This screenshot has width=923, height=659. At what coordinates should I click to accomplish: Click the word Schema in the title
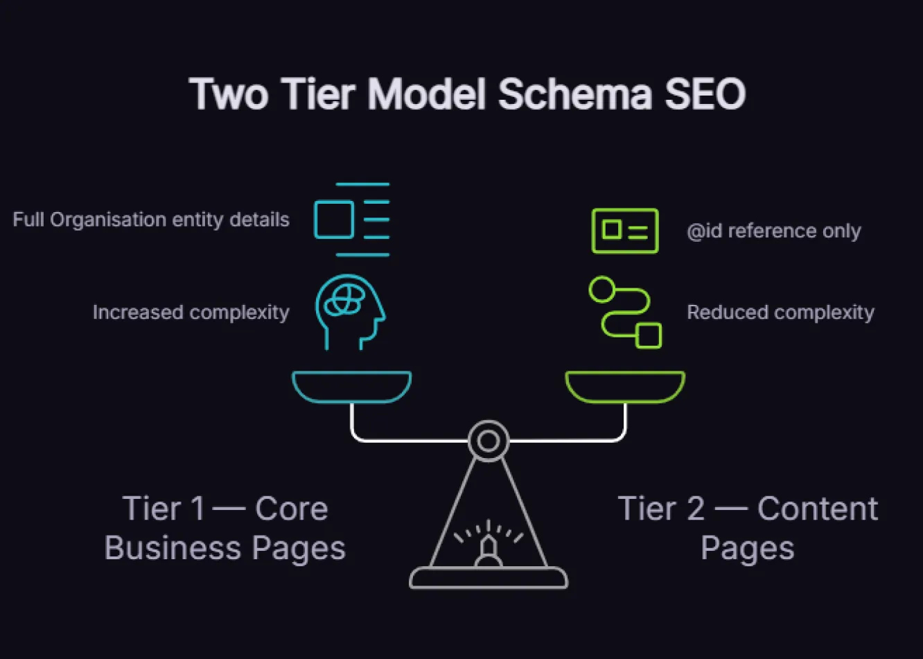(574, 94)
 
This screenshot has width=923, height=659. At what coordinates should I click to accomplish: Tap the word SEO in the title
(705, 94)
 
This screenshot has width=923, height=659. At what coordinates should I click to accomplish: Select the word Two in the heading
(228, 94)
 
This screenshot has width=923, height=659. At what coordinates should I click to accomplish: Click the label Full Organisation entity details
(151, 220)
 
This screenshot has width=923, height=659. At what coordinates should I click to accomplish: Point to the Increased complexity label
(191, 313)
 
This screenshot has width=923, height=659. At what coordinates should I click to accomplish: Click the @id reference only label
(773, 231)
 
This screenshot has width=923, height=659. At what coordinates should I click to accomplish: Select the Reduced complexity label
(780, 313)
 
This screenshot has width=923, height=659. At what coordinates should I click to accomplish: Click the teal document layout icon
(352, 220)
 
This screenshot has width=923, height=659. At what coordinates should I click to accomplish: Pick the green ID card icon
(625, 231)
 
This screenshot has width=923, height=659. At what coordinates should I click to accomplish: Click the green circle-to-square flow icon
(625, 312)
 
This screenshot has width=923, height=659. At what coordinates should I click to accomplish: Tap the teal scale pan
(351, 387)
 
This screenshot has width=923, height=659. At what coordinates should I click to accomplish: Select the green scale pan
(625, 387)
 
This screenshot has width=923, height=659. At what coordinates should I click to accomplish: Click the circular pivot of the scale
(489, 441)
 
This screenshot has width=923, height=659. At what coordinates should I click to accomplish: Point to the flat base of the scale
(489, 578)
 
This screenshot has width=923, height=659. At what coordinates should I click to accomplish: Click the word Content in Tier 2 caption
(818, 509)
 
